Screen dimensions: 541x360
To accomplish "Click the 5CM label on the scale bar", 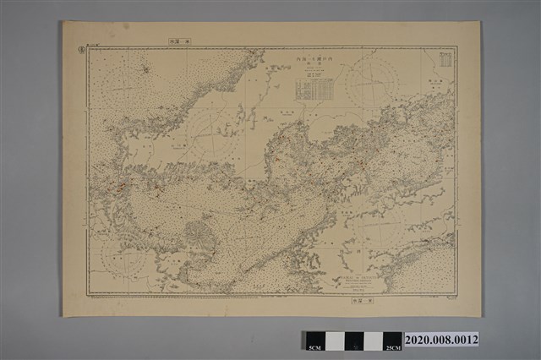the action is tap(314, 347).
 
